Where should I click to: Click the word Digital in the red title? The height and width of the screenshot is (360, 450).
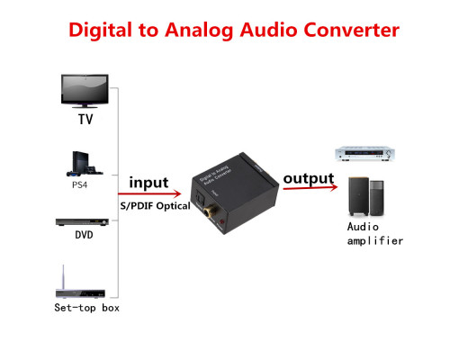click(x=100, y=31)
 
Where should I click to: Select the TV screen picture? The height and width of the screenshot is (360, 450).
click(x=85, y=91)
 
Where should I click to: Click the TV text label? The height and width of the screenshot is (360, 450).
click(x=85, y=119)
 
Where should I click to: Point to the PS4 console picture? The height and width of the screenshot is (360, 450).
click(x=85, y=164)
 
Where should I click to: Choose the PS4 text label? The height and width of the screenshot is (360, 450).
click(x=79, y=184)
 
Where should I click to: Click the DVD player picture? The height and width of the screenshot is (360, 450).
click(x=82, y=222)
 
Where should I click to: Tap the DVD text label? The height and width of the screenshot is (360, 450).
click(x=84, y=235)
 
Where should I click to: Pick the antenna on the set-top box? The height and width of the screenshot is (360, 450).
click(x=63, y=277)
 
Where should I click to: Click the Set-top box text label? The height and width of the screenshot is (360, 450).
click(x=86, y=308)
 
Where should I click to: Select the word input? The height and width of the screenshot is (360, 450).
click(x=148, y=183)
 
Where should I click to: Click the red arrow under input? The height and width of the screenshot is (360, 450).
click(x=149, y=193)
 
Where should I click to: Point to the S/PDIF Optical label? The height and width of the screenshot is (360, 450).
click(x=155, y=206)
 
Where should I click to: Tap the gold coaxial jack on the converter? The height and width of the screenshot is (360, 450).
click(x=208, y=211)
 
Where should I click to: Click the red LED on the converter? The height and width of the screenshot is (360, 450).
click(x=221, y=222)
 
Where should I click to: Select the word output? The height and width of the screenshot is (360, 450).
click(x=309, y=179)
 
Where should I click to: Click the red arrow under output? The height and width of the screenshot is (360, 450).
click(x=310, y=188)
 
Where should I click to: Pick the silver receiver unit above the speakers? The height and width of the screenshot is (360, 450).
click(x=364, y=154)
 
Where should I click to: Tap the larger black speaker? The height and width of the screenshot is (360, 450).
click(x=358, y=196)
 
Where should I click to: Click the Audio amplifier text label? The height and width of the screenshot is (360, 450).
click(x=375, y=234)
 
